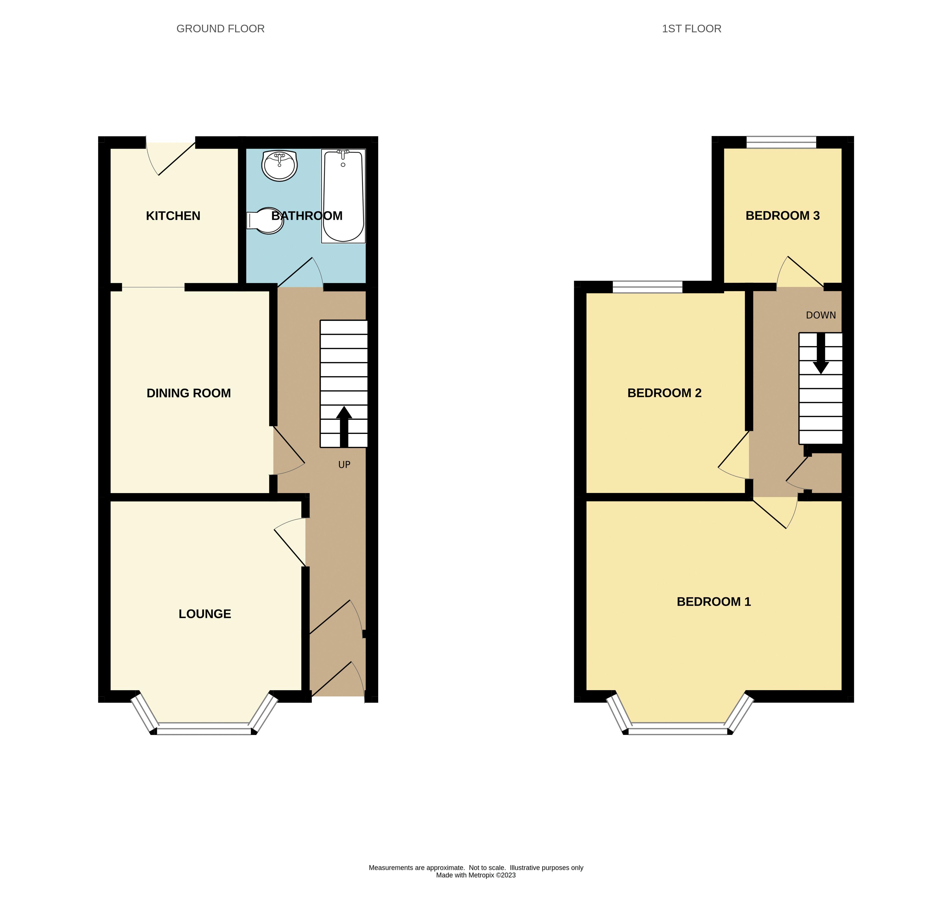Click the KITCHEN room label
click(x=173, y=216)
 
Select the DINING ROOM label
click(x=188, y=393)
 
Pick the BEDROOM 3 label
click(x=782, y=216)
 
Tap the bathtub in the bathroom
click(x=343, y=196)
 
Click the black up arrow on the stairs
click(x=344, y=426)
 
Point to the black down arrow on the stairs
click(x=820, y=354)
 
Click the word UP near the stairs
click(x=344, y=465)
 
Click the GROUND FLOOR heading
click(x=220, y=29)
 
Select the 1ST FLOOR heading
click(x=691, y=29)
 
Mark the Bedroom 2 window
click(x=647, y=287)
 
